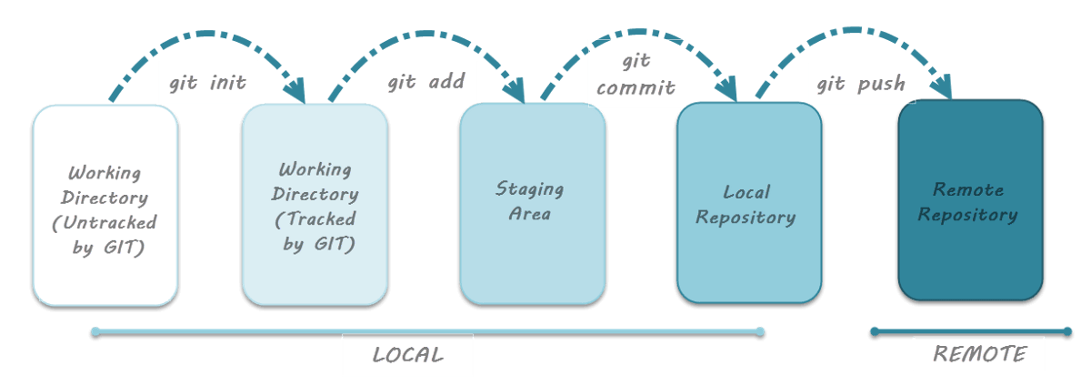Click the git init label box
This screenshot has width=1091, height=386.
click(208, 83)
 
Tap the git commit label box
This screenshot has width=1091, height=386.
click(636, 73)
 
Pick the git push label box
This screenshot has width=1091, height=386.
click(861, 83)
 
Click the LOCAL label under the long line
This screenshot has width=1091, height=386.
click(407, 355)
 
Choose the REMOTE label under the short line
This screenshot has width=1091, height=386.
click(978, 353)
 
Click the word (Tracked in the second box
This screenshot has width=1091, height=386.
click(315, 218)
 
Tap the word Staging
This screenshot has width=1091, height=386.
click(529, 188)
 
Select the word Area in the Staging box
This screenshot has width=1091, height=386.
click(530, 214)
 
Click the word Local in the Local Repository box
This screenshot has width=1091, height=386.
click(746, 192)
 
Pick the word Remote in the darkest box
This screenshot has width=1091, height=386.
click(968, 189)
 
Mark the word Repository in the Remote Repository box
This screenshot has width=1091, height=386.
click(967, 215)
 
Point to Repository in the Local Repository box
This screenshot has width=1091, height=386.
click(746, 218)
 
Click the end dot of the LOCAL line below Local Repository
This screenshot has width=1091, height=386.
click(760, 330)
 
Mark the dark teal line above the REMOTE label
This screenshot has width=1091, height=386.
click(971, 331)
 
